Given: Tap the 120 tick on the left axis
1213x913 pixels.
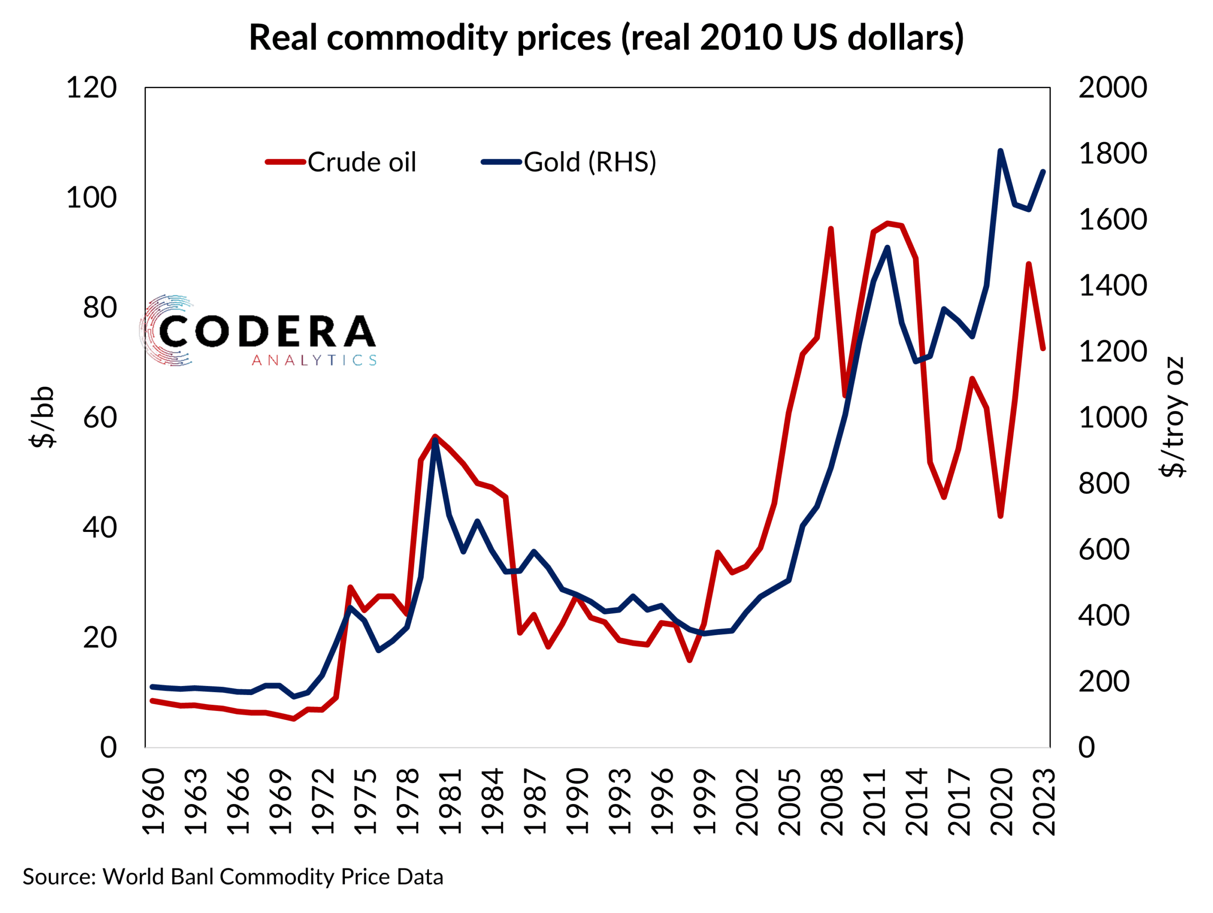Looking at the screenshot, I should tap(91, 88).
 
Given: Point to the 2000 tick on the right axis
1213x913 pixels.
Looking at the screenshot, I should tap(1112, 88).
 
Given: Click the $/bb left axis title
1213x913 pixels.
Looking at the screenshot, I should tap(43, 418).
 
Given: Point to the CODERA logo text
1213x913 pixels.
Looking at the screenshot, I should tap(267, 331).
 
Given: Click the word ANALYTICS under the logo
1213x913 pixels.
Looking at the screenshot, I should tap(314, 360).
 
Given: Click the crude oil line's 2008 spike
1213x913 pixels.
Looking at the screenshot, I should tap(831, 228).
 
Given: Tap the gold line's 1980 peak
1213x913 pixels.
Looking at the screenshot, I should tap(435, 439).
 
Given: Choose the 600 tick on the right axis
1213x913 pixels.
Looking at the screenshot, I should tap(1104, 550).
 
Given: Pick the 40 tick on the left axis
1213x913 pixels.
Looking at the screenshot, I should tap(100, 528).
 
